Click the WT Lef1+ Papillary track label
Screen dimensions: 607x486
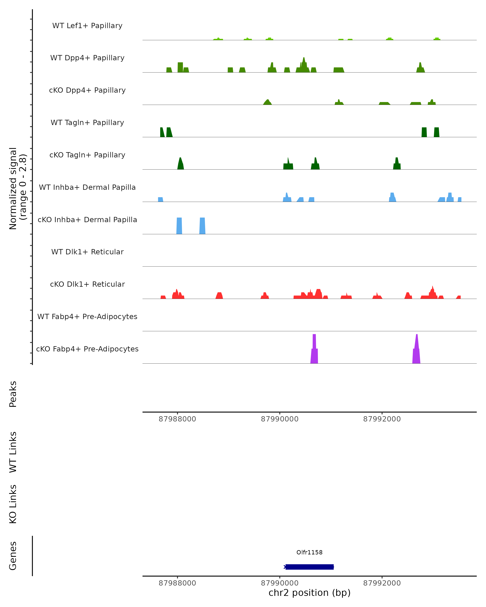click(87, 26)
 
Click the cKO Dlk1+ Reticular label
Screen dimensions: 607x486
click(87, 284)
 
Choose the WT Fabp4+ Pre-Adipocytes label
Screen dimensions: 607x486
click(87, 316)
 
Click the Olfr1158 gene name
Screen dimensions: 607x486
click(309, 552)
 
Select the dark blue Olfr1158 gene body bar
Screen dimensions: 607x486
click(309, 567)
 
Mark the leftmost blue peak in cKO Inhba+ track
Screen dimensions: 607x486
click(179, 226)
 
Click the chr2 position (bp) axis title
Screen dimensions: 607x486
click(309, 593)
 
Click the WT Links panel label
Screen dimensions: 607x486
click(13, 452)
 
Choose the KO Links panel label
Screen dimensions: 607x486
click(13, 504)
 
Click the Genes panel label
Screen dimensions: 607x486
click(13, 556)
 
